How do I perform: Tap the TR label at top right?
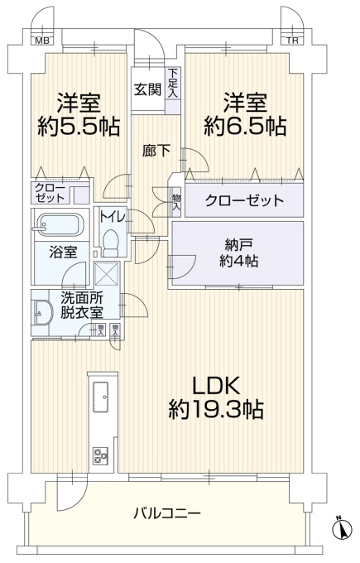(292, 41)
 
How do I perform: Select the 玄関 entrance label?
(147, 89)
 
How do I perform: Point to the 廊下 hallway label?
(156, 151)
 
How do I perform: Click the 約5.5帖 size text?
(79, 126)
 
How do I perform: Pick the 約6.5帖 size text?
(245, 126)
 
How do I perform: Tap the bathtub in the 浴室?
(60, 224)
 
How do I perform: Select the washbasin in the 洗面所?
(42, 312)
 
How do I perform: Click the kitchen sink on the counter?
(100, 397)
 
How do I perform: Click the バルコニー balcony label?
(167, 513)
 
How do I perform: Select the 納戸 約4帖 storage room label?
(238, 253)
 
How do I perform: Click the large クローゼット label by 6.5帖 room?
(244, 200)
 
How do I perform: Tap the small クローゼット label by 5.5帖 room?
(50, 193)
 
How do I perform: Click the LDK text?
(216, 387)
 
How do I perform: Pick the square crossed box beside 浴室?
(107, 274)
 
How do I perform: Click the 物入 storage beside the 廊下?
(176, 203)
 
